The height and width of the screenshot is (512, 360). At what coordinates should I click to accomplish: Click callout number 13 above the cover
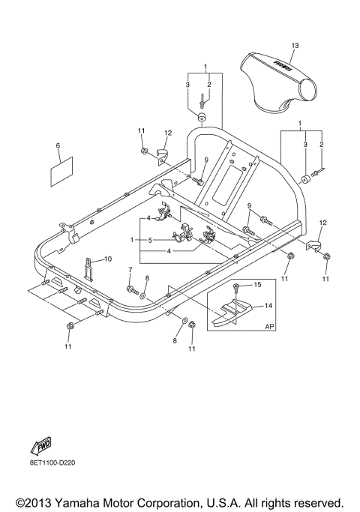[x=295, y=46]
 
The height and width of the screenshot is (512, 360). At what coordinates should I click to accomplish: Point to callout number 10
[x=108, y=259]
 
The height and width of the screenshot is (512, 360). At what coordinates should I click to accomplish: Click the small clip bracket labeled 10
[x=88, y=267]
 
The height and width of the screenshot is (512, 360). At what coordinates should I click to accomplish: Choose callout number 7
[x=129, y=270]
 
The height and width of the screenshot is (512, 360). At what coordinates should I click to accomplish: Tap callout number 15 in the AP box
[x=257, y=285]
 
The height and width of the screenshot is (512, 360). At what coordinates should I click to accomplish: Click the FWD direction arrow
[x=40, y=448]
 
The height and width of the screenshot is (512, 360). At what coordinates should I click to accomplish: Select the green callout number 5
[x=149, y=240]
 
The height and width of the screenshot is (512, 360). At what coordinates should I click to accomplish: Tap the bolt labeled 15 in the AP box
[x=238, y=287]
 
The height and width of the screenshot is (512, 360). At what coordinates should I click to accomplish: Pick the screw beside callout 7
[x=130, y=287]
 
